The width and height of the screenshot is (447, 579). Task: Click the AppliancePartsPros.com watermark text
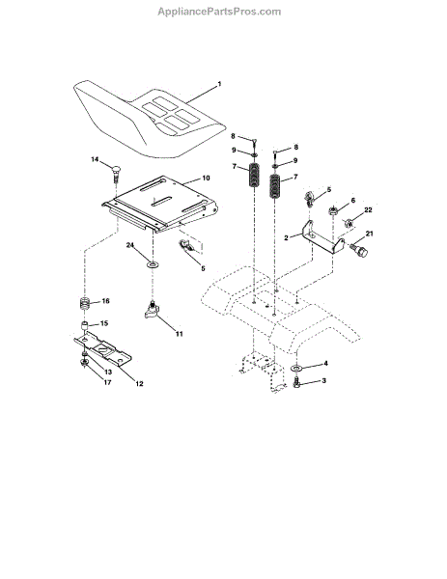(219, 12)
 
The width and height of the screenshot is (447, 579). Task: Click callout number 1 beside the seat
(219, 84)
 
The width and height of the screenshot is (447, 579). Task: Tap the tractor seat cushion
(150, 118)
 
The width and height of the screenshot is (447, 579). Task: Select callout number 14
(95, 159)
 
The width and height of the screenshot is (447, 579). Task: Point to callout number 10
(206, 178)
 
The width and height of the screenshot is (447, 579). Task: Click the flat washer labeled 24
(153, 264)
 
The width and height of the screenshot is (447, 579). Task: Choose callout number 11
(180, 334)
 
